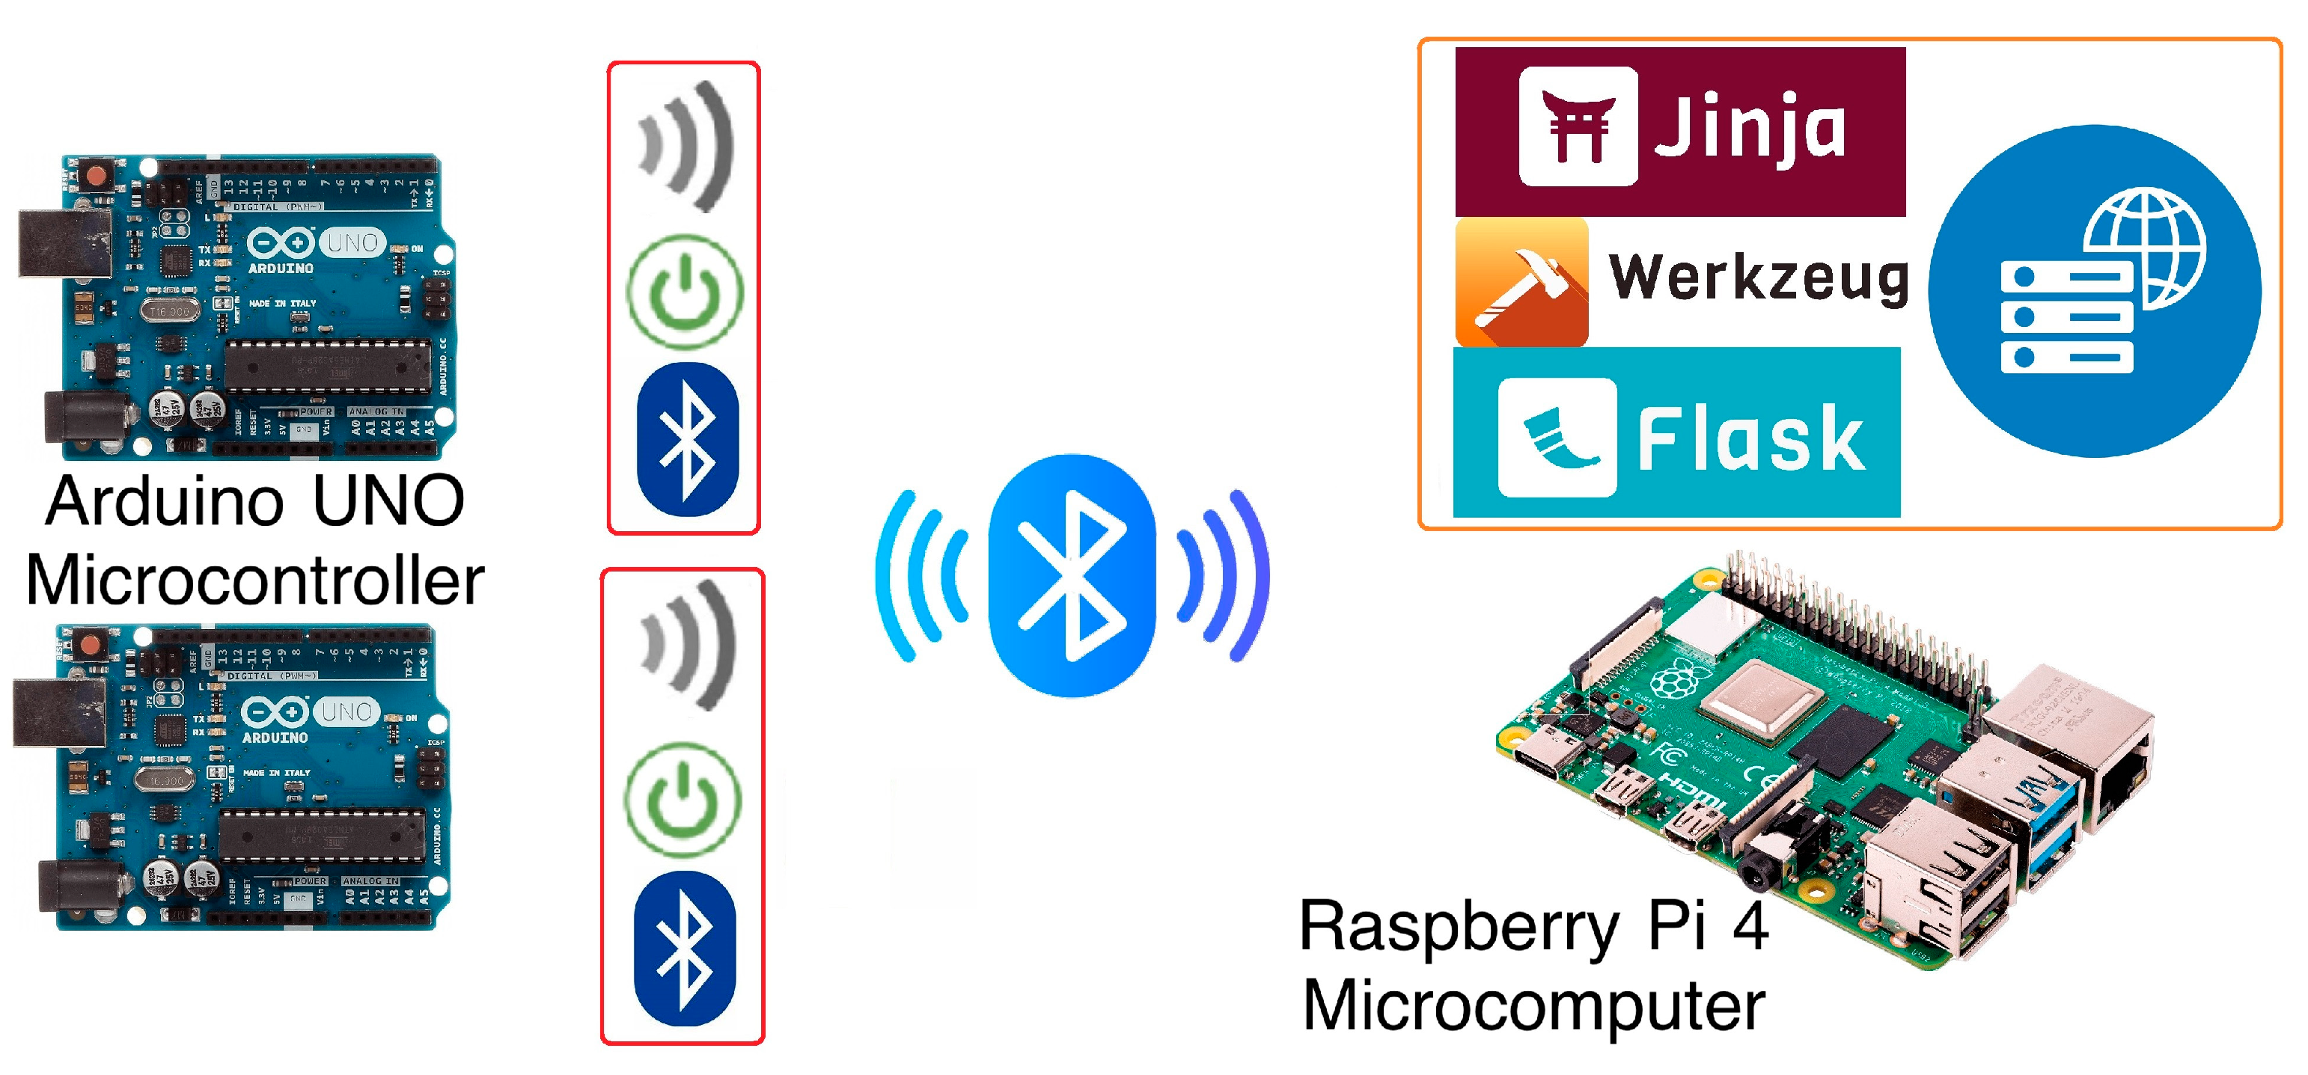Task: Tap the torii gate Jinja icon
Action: [1578, 126]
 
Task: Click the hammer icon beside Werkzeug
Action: [1521, 283]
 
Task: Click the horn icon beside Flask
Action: [1557, 437]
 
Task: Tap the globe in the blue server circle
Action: [2143, 248]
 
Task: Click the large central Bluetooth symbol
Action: [1072, 575]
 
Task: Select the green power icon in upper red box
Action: [685, 291]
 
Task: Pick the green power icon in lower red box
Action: [683, 799]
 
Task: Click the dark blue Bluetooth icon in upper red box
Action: [687, 439]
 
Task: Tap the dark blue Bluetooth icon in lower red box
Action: [685, 948]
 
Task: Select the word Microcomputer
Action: [1533, 1006]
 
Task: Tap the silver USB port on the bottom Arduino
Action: [55, 711]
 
